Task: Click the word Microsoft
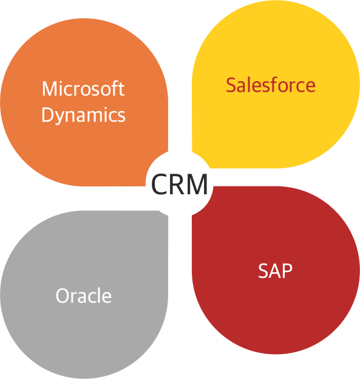coord(83,89)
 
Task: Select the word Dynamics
coord(84,115)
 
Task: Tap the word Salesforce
coord(271,85)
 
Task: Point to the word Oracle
coord(84,295)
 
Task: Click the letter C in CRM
coord(159,183)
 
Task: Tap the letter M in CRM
coord(197,183)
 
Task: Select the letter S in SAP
coord(263,270)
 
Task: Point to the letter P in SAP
coord(288,270)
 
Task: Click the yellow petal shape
coord(276,84)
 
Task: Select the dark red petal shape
coord(276,271)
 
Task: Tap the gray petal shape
coord(84,295)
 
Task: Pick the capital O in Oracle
coord(63,295)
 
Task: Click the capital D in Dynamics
coord(48,115)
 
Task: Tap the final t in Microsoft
coord(122,89)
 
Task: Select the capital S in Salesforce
coord(231,85)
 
